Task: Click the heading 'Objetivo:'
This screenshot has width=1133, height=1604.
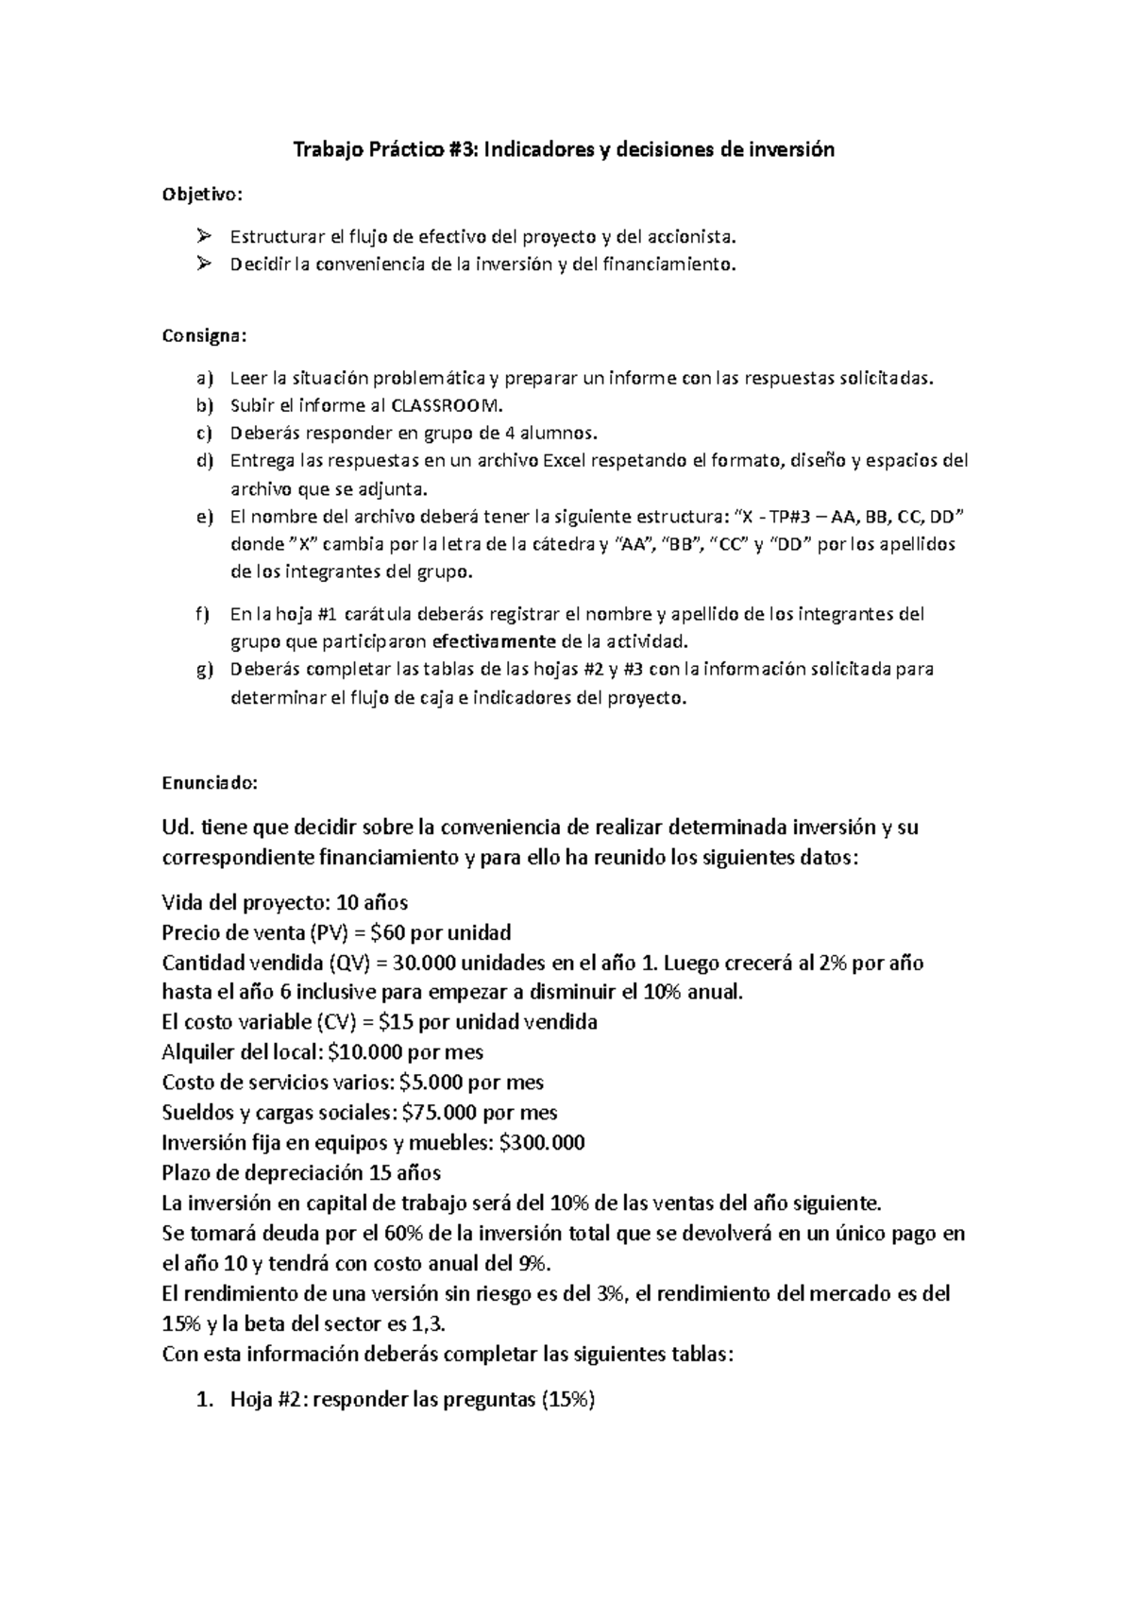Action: pos(202,195)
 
